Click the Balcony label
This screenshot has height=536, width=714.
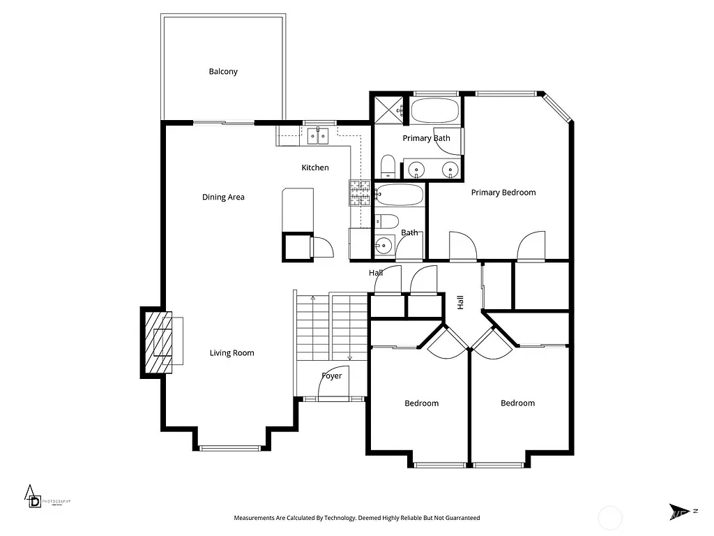pyautogui.click(x=223, y=71)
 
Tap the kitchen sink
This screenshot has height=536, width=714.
pyautogui.click(x=319, y=135)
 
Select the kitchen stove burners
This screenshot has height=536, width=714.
pyautogui.click(x=360, y=193)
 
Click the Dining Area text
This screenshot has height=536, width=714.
pyautogui.click(x=223, y=198)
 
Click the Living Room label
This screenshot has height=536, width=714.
pyautogui.click(x=231, y=353)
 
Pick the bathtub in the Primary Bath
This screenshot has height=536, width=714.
pyautogui.click(x=434, y=110)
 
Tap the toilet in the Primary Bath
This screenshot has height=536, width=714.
pyautogui.click(x=388, y=166)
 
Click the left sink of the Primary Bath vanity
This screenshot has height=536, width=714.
pyautogui.click(x=417, y=168)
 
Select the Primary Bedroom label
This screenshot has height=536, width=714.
pyautogui.click(x=503, y=193)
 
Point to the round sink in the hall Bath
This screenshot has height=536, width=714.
pyautogui.click(x=383, y=245)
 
